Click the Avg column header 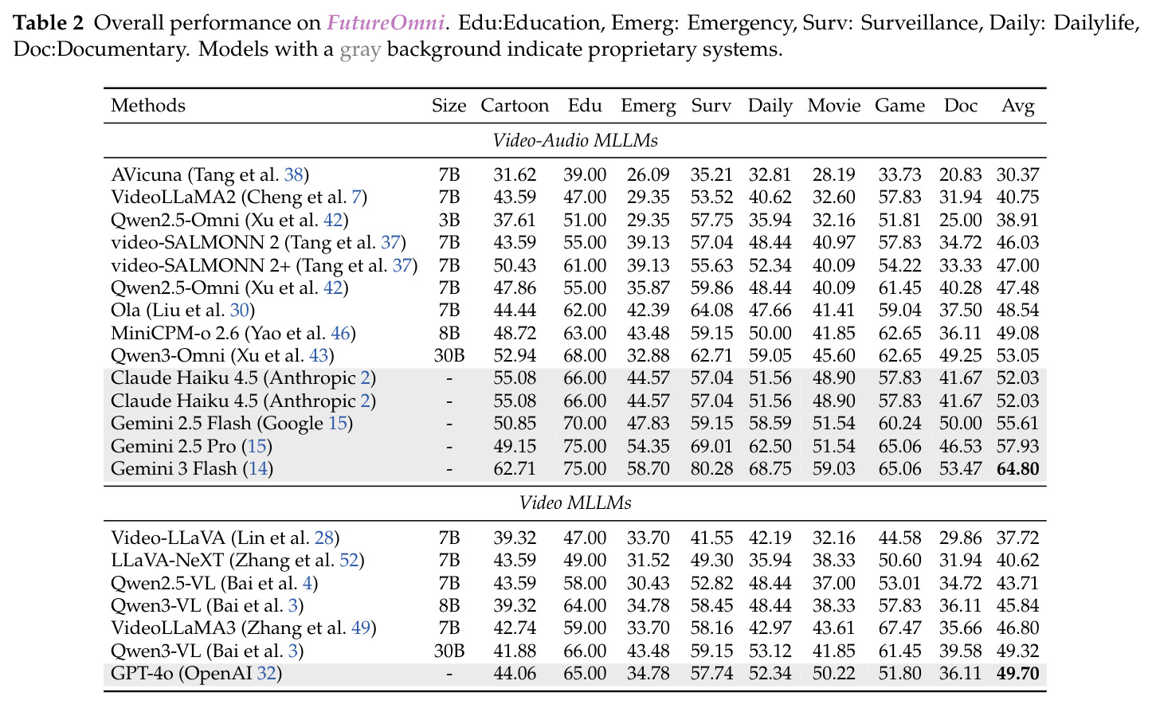pyautogui.click(x=1018, y=106)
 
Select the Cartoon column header pyautogui.click(x=515, y=105)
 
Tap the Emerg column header pyautogui.click(x=648, y=106)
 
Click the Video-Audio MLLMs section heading pyautogui.click(x=575, y=140)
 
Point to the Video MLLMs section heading pyautogui.click(x=575, y=503)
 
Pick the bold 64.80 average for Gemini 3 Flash pyautogui.click(x=1018, y=469)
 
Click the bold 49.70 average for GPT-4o pyautogui.click(x=1018, y=673)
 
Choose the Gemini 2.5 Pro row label pyautogui.click(x=191, y=446)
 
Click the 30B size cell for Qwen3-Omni pyautogui.click(x=449, y=355)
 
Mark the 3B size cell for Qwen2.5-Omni pyautogui.click(x=449, y=220)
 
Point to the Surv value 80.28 pyautogui.click(x=711, y=469)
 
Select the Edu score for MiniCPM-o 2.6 pyautogui.click(x=585, y=333)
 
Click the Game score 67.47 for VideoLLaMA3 pyautogui.click(x=899, y=628)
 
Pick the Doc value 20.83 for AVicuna pyautogui.click(x=960, y=175)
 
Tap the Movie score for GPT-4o pyautogui.click(x=833, y=673)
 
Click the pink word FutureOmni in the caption pyautogui.click(x=386, y=23)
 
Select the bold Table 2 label pyautogui.click(x=48, y=23)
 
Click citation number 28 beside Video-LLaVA pyautogui.click(x=324, y=538)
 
